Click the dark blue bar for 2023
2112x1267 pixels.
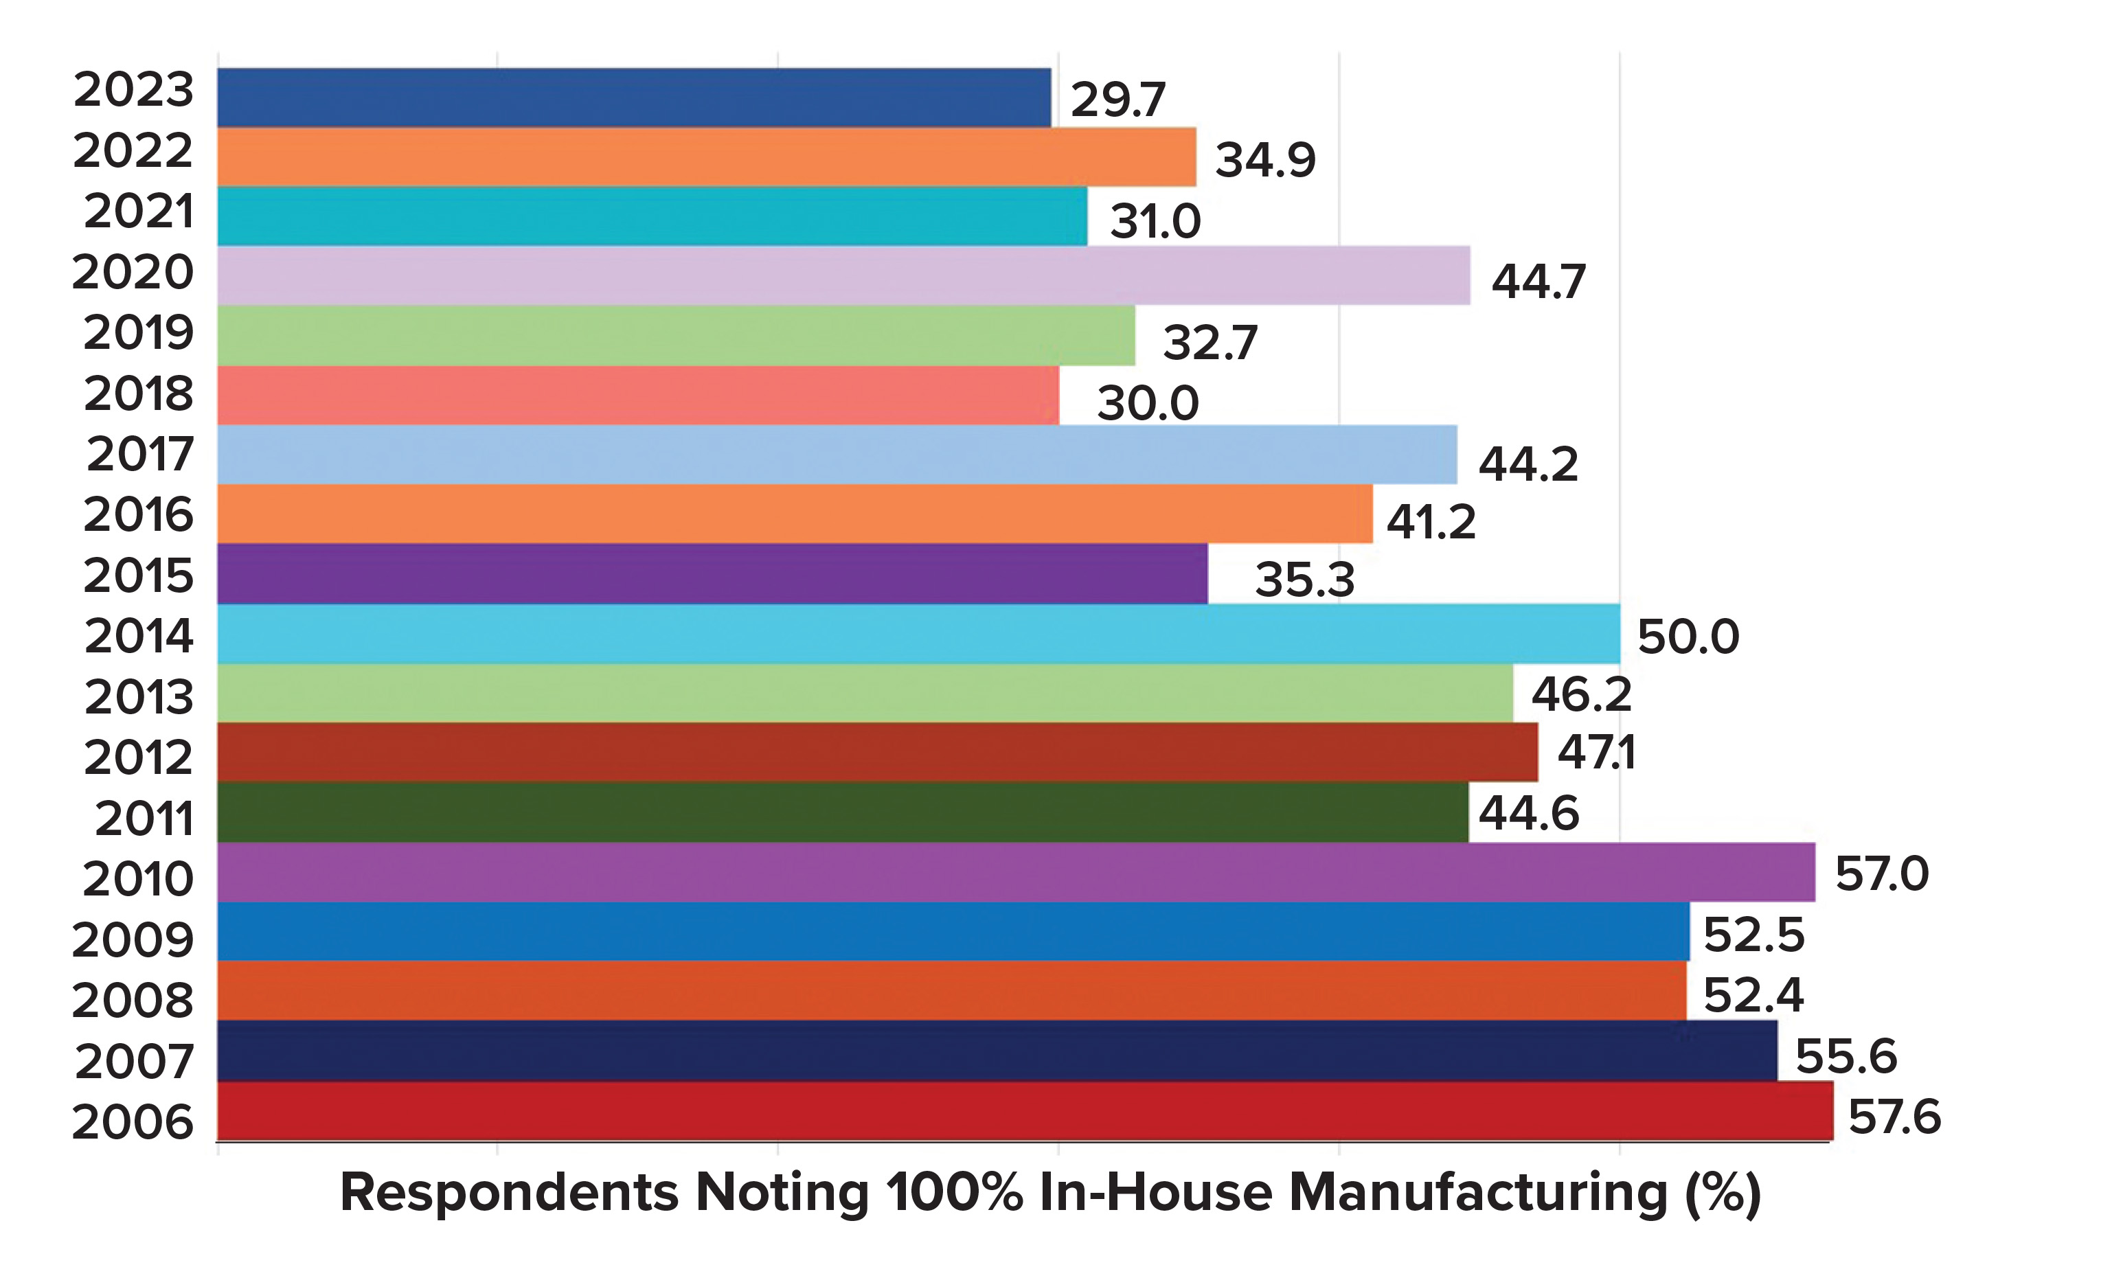click(633, 98)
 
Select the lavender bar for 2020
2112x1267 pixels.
click(843, 275)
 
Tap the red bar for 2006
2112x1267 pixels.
click(1025, 1110)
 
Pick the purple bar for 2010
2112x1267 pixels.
click(1016, 871)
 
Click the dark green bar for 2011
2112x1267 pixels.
click(843, 812)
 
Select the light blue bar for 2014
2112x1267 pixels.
click(918, 633)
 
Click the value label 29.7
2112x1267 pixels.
click(1117, 100)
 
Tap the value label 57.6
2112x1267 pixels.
click(1894, 1117)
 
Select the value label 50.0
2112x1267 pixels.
click(1688, 637)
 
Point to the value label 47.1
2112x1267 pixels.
click(1596, 752)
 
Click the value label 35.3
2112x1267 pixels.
click(1304, 580)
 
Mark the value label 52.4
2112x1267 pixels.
click(1753, 994)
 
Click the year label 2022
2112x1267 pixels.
click(133, 151)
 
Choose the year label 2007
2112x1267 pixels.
click(134, 1061)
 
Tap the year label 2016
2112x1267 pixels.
click(138, 515)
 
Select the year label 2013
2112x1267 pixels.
click(138, 697)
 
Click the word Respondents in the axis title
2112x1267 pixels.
click(509, 1194)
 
